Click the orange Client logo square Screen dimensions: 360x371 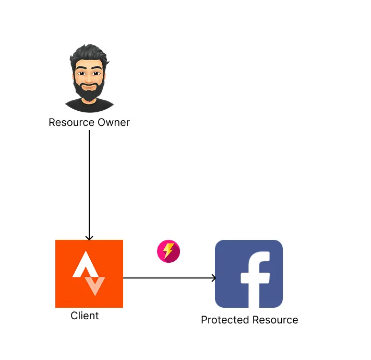(89, 273)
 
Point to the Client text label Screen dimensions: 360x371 (85, 316)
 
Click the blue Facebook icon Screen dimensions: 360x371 (249, 273)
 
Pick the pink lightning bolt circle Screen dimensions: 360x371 (168, 251)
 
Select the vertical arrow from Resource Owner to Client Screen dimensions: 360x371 (89, 183)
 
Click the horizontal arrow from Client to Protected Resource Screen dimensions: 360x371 (167, 278)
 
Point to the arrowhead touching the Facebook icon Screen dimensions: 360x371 (213, 278)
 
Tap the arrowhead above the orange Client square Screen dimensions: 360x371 (89, 237)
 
